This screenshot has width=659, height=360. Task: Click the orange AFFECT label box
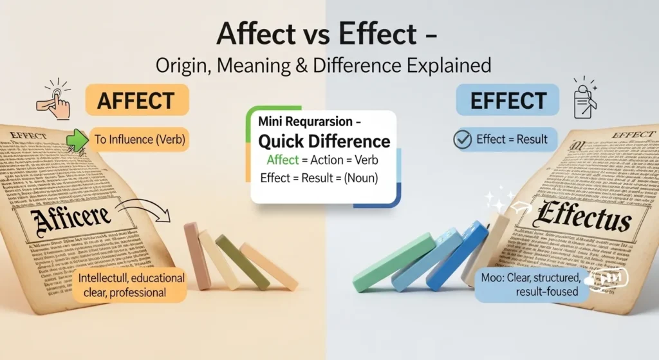click(x=136, y=102)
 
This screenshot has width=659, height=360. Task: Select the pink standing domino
click(x=196, y=255)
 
